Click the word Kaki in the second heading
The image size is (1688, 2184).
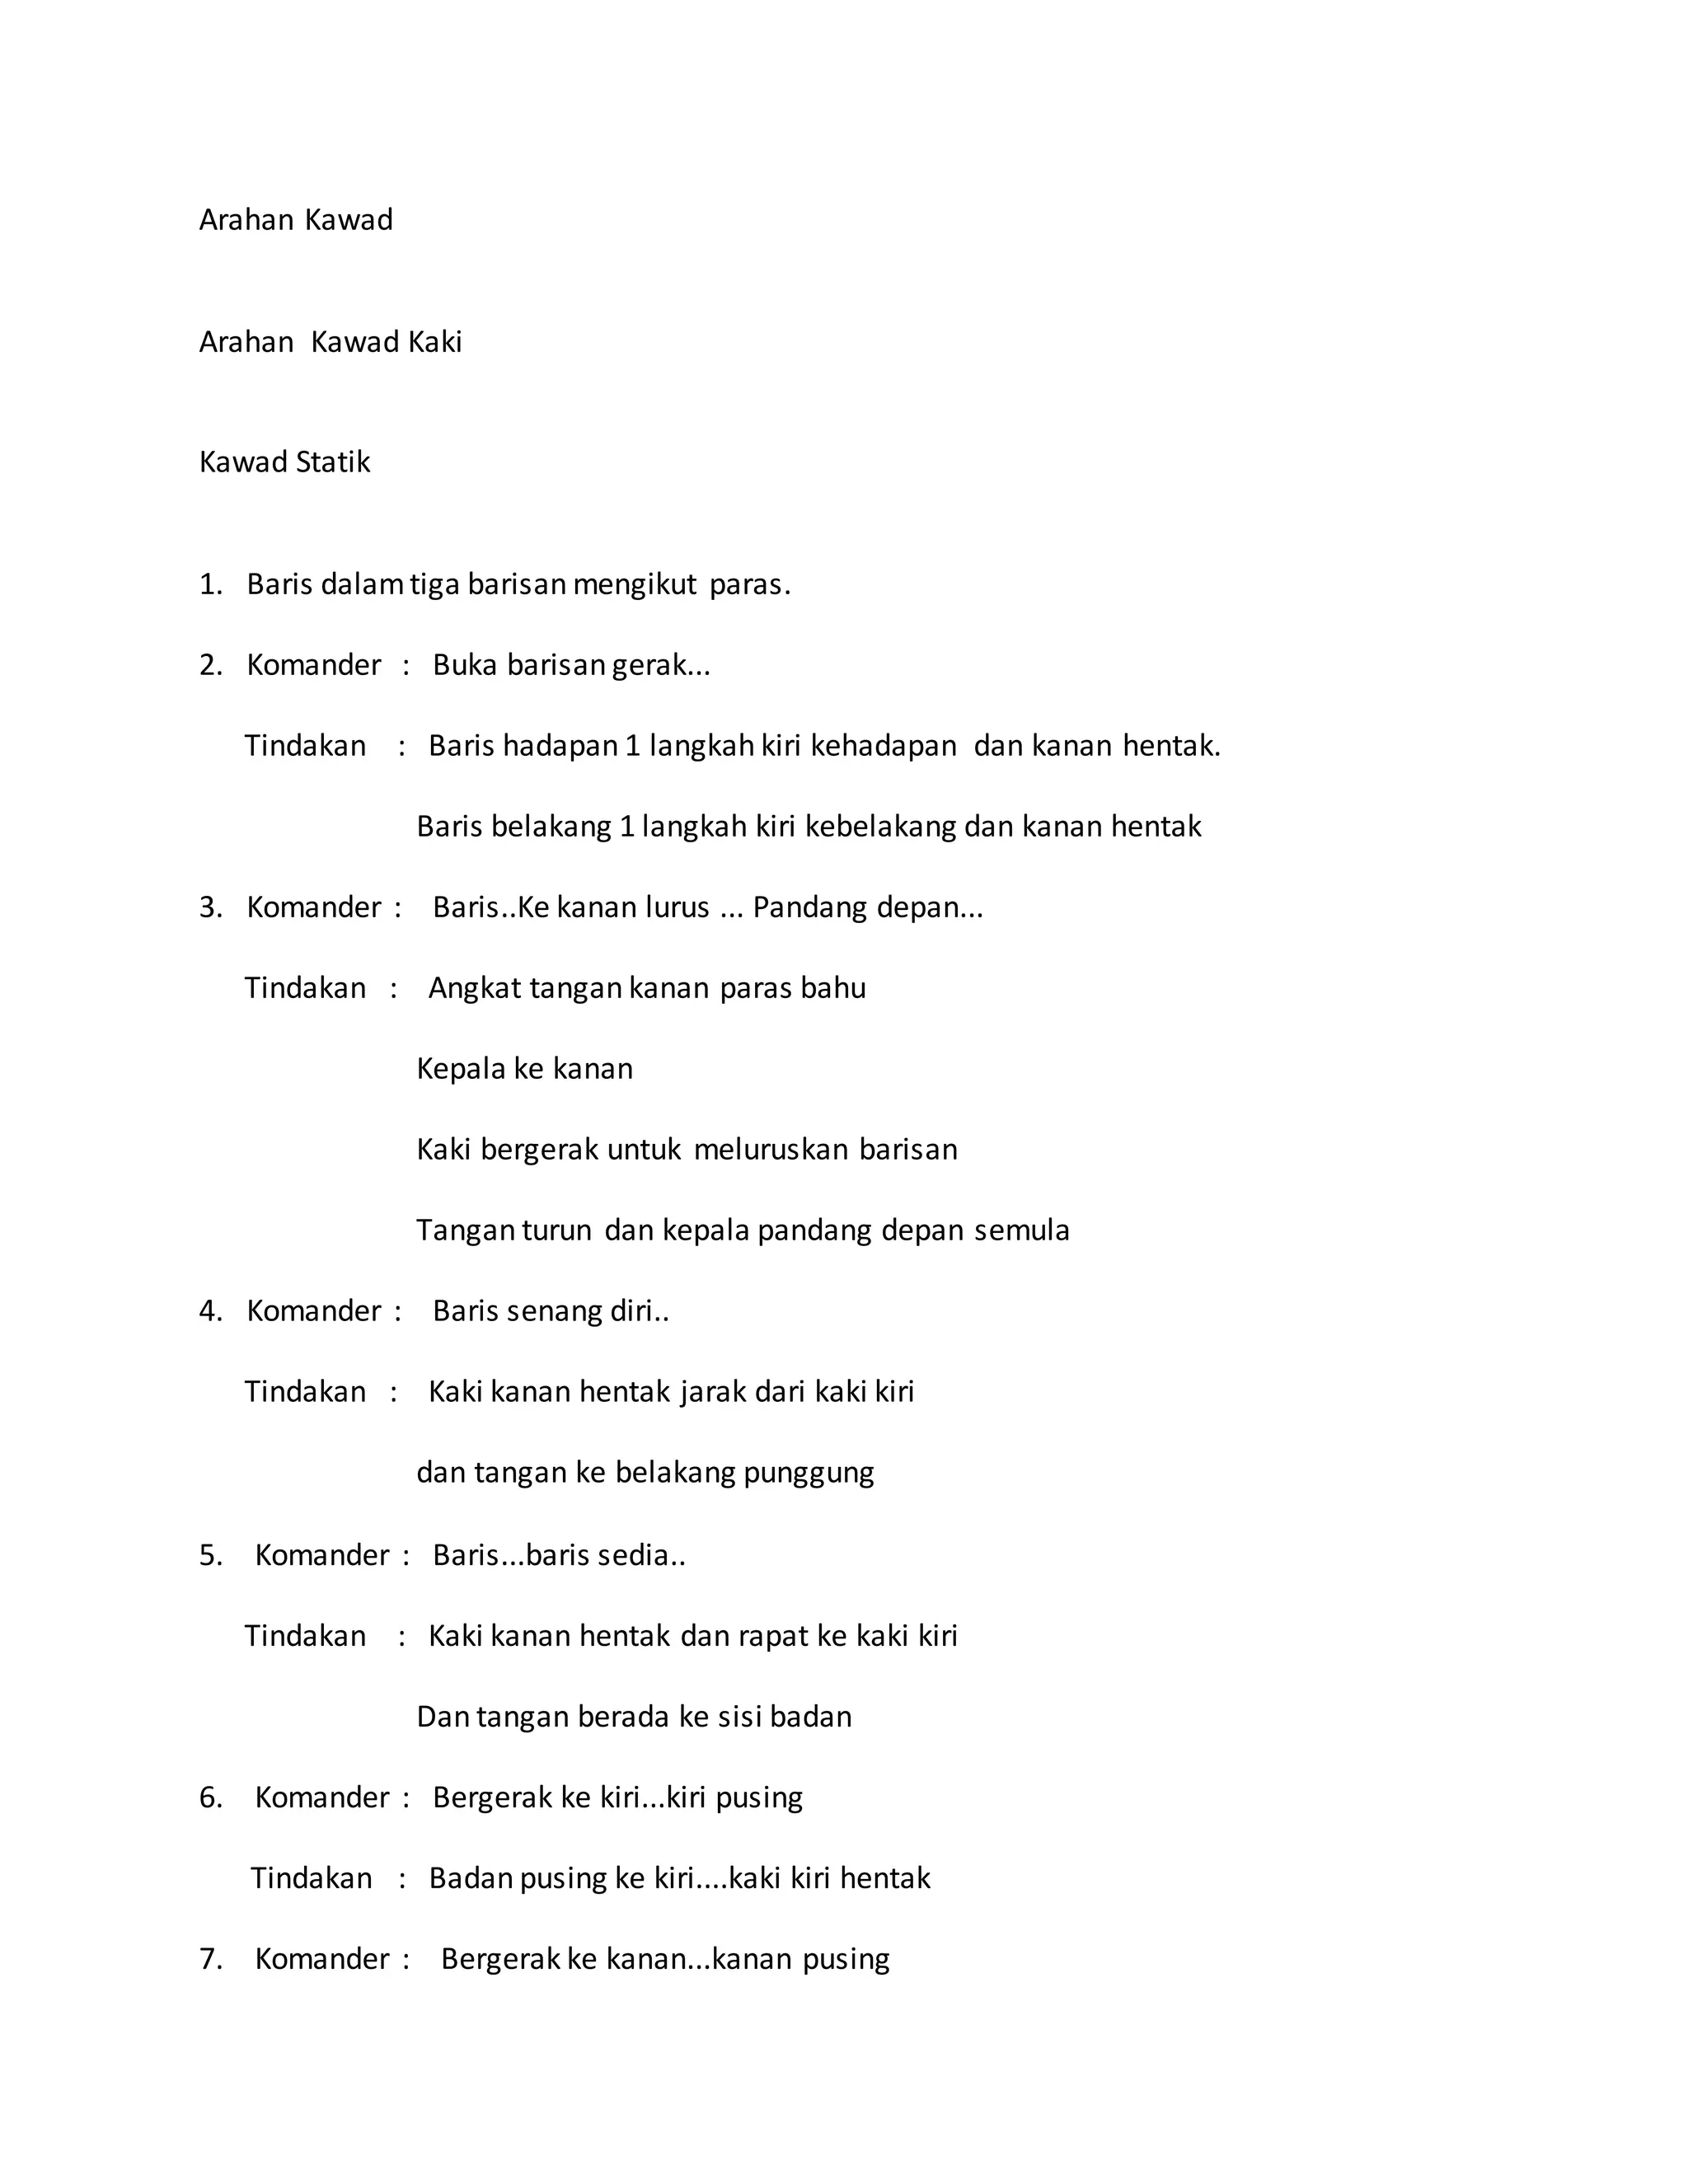pos(435,342)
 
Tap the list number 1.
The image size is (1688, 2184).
pos(210,584)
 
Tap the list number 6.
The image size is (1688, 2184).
pos(210,1798)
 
